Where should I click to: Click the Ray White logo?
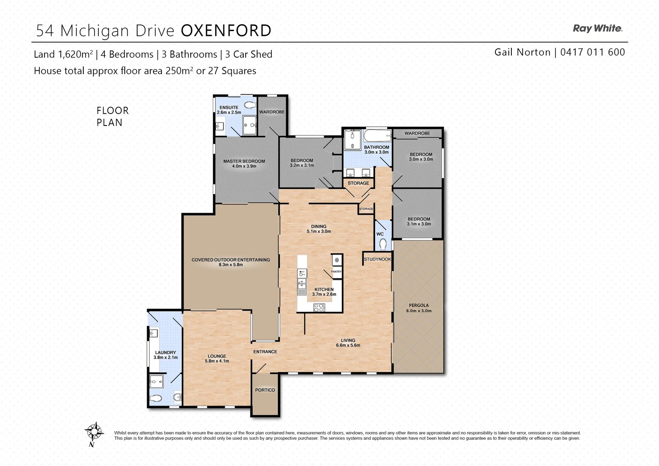(597, 28)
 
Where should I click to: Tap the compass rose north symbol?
(94, 431)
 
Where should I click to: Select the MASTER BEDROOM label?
(244, 161)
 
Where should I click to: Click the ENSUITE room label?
(229, 107)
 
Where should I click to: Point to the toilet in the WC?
(382, 245)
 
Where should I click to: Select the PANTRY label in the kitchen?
(336, 271)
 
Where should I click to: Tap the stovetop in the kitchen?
(318, 308)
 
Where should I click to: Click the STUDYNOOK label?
(377, 259)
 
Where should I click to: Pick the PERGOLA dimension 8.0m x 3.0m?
(419, 311)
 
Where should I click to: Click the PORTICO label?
(265, 390)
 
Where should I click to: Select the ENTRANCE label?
(265, 352)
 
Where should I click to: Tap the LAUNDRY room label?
(166, 353)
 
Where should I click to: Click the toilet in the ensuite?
(250, 104)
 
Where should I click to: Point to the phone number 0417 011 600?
(592, 52)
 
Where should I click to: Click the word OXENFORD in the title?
(226, 31)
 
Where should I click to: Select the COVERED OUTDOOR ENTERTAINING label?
(230, 260)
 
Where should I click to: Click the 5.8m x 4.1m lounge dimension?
(217, 361)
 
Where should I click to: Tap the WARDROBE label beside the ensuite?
(271, 112)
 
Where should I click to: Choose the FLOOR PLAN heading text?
(112, 116)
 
